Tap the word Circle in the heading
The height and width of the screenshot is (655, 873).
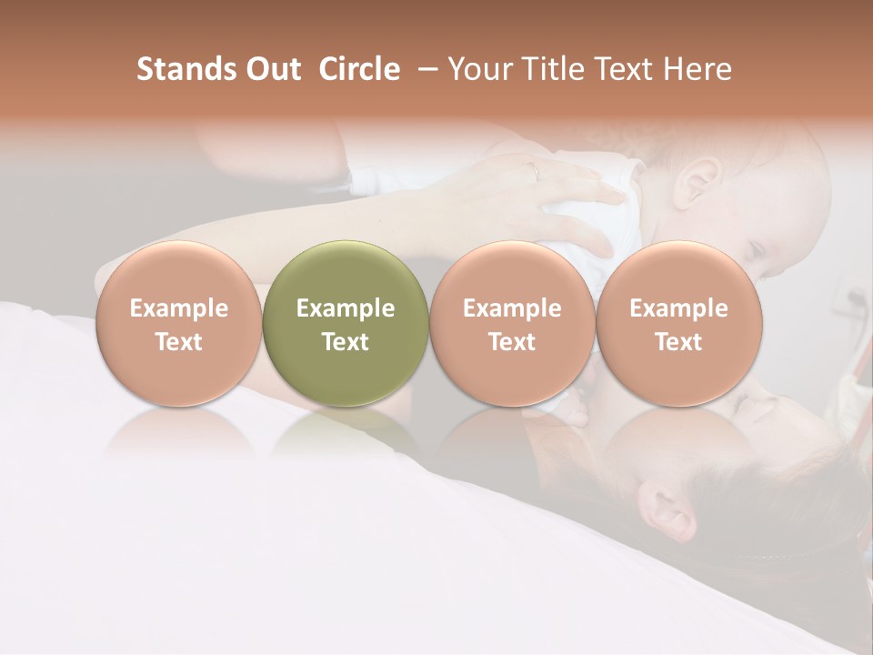pos(359,69)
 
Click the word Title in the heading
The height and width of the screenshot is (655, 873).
pos(555,69)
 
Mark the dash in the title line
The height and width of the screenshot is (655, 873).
pos(424,69)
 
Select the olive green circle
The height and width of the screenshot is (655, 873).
pos(345,323)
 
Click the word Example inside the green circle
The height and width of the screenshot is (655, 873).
pos(345,308)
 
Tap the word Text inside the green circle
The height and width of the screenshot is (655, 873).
pos(345,342)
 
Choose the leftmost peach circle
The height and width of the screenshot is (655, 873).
pos(178,323)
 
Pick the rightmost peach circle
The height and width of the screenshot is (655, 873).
pos(678,323)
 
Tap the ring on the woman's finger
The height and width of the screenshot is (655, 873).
pos(536,170)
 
